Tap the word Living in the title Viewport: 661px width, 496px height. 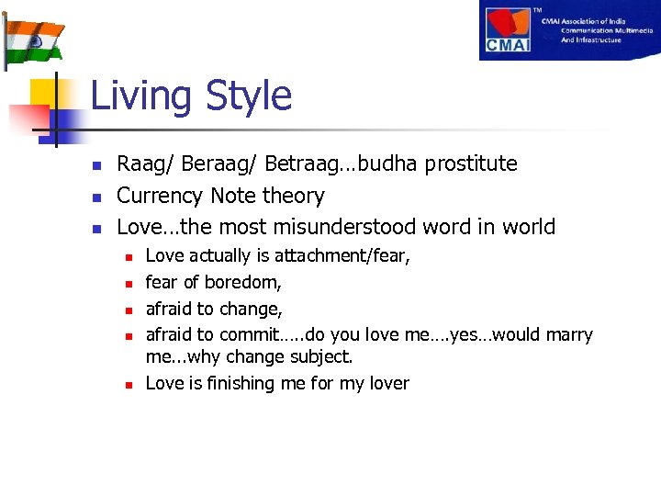(x=143, y=96)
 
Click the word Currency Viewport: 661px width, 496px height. (x=160, y=197)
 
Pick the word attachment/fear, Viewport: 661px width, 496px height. (x=342, y=256)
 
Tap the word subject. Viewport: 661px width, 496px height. (x=321, y=356)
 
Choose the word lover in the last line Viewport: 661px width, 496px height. (x=386, y=383)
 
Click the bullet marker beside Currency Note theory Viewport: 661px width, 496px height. (x=95, y=197)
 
